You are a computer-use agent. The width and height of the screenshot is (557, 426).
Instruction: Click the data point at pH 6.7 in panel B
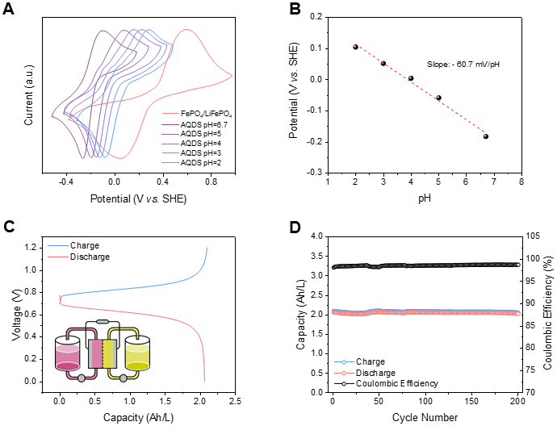(486, 136)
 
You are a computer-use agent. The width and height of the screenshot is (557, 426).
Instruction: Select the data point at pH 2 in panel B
(355, 47)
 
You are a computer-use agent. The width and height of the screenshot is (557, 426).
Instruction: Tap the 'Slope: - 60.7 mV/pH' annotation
(463, 65)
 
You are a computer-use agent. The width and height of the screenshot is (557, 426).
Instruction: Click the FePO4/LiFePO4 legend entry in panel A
(197, 114)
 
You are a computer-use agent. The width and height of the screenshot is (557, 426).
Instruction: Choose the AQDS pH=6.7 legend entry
(195, 124)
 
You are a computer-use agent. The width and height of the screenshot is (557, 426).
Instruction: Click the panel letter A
(8, 9)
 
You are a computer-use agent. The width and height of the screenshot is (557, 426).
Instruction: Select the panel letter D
(295, 228)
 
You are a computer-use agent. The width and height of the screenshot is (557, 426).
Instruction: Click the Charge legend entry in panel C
(73, 245)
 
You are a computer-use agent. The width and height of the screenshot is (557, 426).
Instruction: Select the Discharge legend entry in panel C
(78, 257)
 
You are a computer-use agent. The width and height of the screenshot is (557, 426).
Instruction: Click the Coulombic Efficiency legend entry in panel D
(387, 384)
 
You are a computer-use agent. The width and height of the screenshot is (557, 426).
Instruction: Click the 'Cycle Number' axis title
(425, 417)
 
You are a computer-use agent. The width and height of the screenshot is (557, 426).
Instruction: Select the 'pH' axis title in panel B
(425, 198)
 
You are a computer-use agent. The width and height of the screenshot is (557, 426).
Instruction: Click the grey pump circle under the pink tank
(82, 378)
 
